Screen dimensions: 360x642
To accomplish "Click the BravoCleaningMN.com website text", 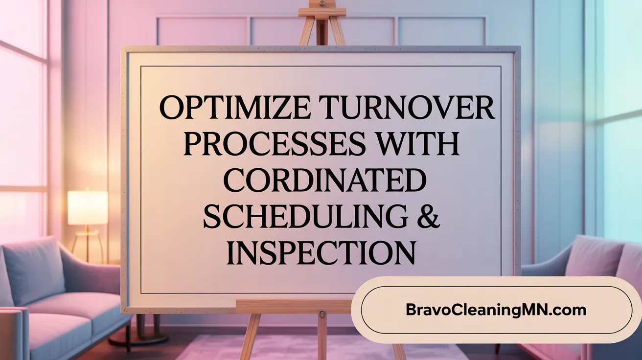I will pyautogui.click(x=496, y=310).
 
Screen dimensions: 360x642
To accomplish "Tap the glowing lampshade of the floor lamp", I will pyautogui.click(x=88, y=207).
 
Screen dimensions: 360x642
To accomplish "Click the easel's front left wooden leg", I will pyautogui.click(x=249, y=337).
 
